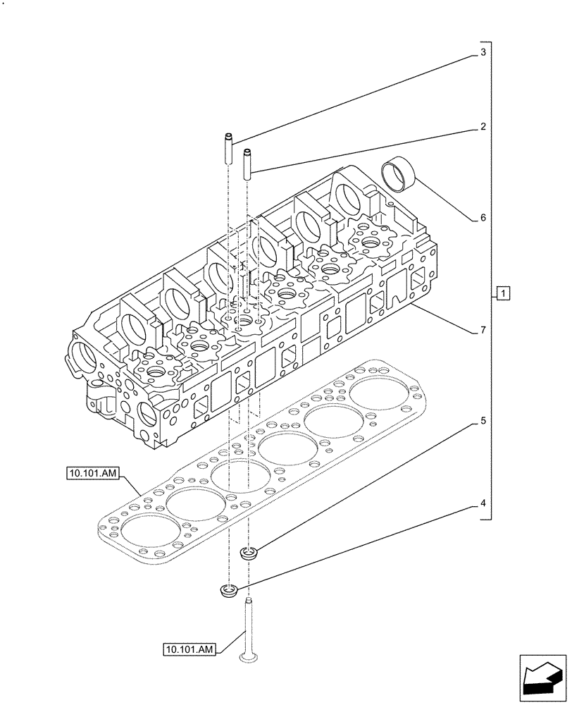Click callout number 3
point(483,53)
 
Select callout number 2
point(483,128)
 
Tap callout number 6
point(483,218)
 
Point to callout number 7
point(483,330)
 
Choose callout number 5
point(483,422)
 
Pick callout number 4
point(483,503)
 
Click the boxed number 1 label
point(501,293)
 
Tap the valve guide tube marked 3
point(229,149)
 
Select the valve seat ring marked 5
point(248,553)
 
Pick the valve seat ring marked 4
point(229,590)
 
